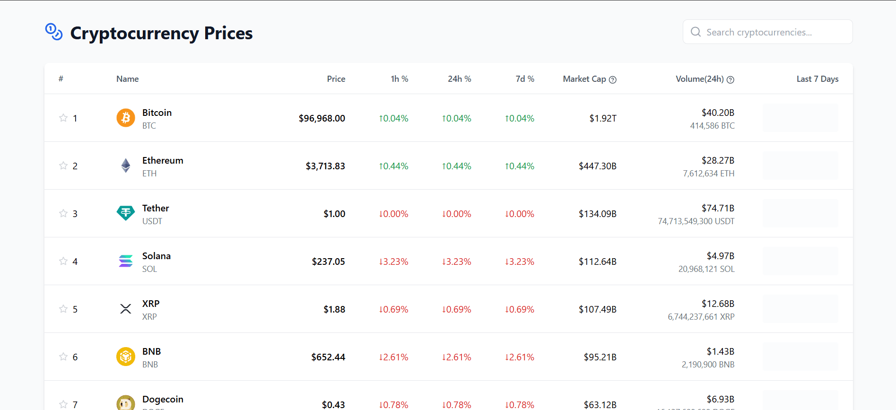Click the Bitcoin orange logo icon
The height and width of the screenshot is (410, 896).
126,118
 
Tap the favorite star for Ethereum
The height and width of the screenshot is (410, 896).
63,166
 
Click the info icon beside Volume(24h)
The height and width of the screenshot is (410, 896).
731,80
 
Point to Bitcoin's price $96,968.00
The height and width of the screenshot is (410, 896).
322,118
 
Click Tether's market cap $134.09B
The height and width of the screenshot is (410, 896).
597,214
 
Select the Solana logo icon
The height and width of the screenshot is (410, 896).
126,261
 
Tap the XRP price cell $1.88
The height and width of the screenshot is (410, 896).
334,309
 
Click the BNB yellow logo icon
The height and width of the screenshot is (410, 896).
126,357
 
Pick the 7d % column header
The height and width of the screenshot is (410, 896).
524,79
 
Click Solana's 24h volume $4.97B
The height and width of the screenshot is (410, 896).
720,256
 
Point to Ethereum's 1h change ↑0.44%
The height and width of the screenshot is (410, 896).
393,166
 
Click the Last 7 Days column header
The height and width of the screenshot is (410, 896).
817,79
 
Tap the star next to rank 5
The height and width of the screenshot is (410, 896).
63,309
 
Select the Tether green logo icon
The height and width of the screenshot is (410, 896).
126,213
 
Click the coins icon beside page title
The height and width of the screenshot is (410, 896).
54,32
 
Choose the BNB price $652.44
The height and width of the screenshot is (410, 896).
328,357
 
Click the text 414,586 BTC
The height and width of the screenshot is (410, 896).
712,126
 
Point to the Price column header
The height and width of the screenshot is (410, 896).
336,79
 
